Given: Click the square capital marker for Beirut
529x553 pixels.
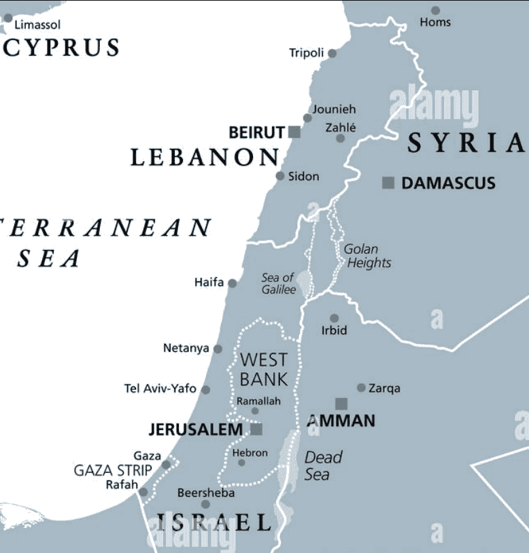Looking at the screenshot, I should point(294,132).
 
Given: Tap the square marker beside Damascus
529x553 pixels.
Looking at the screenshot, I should point(388,182).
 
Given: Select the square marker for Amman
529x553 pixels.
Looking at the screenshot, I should point(341,404).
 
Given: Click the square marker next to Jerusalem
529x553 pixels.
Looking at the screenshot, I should point(256,429).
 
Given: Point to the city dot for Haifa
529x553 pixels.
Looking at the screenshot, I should point(233,283).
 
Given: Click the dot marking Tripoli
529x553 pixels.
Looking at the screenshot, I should point(332,53).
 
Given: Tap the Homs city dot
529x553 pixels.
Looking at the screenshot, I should point(435,10).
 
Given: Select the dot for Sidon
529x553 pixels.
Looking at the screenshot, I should point(280,176).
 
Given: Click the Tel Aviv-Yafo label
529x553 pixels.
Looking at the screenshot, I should point(160,389).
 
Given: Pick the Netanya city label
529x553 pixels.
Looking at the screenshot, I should point(186,349).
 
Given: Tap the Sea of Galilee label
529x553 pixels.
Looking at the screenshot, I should point(279,283).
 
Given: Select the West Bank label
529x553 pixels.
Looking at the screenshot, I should point(264,369).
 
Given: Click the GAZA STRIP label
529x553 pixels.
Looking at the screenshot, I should point(112,470).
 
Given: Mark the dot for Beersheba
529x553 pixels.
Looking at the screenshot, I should point(205,504).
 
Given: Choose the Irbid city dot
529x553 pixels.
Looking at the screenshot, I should point(334,318).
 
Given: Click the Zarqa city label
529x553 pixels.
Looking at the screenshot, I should point(384,389).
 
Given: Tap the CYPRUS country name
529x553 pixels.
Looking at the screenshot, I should point(61,48).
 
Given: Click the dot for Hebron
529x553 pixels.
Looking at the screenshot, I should point(241,463).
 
